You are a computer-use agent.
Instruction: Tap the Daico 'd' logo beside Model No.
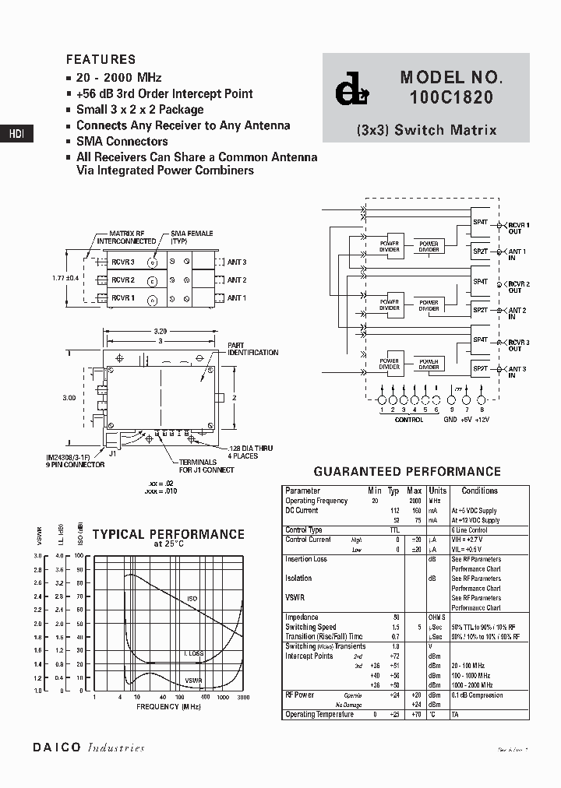349,92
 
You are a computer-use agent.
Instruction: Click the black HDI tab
16,134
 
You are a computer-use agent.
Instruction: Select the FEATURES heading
101,59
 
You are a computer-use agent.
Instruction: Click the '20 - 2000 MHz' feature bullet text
118,77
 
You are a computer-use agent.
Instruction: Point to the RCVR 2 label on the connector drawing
122,280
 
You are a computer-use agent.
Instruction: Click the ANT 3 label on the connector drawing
236,262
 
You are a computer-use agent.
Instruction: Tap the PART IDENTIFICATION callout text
252,349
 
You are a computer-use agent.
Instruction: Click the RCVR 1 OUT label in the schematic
519,227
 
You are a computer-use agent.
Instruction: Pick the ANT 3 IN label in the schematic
517,372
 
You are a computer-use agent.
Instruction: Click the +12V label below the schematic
482,420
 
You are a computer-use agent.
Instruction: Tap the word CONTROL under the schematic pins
408,420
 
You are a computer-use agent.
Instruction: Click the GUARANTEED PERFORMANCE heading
407,471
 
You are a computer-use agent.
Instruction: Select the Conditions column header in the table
479,491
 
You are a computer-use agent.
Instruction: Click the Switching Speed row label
311,627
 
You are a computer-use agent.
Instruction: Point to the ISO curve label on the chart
192,599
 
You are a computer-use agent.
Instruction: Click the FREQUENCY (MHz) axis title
168,706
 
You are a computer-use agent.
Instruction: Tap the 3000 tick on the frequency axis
243,698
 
